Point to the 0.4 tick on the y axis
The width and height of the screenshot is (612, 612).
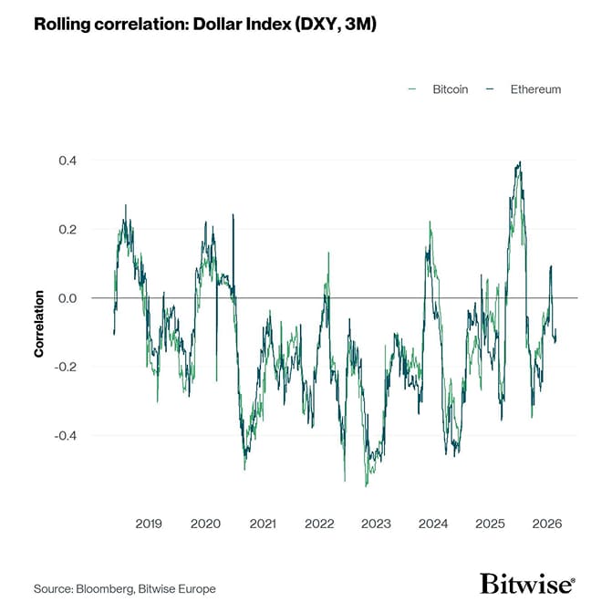click(x=67, y=161)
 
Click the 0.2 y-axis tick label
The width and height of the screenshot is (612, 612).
click(x=67, y=229)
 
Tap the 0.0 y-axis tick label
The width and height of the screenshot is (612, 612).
click(x=67, y=298)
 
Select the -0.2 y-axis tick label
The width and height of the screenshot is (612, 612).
click(x=66, y=367)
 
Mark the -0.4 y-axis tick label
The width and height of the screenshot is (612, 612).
click(x=66, y=436)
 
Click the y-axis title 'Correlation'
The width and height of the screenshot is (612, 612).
click(x=40, y=323)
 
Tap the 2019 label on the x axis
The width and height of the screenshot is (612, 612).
click(x=149, y=524)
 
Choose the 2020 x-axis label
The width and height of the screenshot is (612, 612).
click(x=205, y=524)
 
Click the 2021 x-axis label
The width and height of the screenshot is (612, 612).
click(x=263, y=524)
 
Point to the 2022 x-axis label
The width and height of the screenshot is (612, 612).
click(x=319, y=524)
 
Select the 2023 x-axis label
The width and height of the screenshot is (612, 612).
click(x=376, y=524)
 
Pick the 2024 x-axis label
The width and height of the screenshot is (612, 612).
click(x=433, y=524)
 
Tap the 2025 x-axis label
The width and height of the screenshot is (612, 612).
click(x=490, y=524)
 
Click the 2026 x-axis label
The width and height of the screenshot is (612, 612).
click(x=546, y=524)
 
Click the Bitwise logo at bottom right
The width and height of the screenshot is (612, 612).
click(x=527, y=584)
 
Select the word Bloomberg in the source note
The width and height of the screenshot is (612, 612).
click(x=107, y=588)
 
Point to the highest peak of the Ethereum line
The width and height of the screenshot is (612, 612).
click(x=520, y=162)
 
